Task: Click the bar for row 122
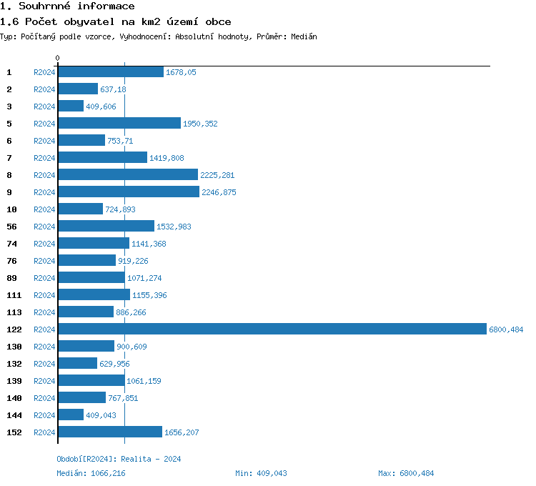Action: point(272,329)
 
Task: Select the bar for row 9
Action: point(129,192)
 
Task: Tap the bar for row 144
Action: point(71,415)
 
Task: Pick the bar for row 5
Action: point(119,123)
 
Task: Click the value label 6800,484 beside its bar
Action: point(506,329)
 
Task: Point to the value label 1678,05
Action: point(181,72)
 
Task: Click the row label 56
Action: point(11,227)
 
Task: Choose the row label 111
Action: point(13,295)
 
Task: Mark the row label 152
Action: point(13,432)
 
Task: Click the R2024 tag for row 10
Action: point(44,209)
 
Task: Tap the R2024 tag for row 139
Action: point(44,381)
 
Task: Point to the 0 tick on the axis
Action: point(58,58)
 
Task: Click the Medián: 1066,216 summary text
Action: point(96,473)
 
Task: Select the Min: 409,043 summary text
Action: point(261,473)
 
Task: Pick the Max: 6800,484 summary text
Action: point(406,473)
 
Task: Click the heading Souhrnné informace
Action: point(68,6)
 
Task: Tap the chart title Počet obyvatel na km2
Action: point(116,22)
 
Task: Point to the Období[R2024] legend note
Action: point(119,459)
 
